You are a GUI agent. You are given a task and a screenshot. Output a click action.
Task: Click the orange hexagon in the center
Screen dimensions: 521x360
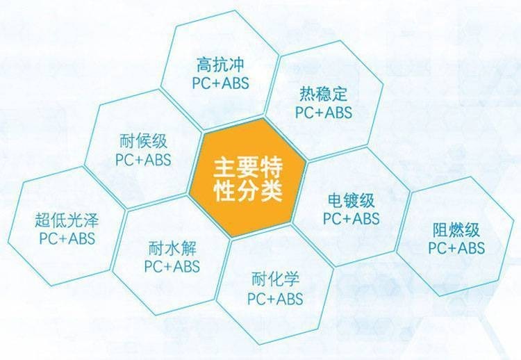[x=248, y=179]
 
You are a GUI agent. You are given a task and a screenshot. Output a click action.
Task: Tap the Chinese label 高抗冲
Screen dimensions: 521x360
[x=220, y=64]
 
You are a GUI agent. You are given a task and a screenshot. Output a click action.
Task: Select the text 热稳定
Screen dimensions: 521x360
[x=323, y=94]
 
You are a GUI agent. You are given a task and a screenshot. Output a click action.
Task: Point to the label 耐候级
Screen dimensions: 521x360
[x=143, y=141]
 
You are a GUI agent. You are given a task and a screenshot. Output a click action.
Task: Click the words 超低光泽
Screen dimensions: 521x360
[x=67, y=220]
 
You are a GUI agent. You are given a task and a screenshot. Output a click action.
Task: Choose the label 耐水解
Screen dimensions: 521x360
[x=172, y=248]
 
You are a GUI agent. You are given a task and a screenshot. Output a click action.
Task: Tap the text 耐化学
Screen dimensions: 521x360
[x=276, y=279]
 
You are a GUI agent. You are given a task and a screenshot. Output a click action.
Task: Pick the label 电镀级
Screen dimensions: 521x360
[x=351, y=200]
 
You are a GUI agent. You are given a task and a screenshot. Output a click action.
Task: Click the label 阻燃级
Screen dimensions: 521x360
[x=456, y=230]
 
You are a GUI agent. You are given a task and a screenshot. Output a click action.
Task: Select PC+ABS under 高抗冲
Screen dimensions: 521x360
[x=220, y=83]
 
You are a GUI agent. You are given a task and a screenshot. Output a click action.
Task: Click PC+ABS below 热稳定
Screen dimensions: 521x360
[x=324, y=113]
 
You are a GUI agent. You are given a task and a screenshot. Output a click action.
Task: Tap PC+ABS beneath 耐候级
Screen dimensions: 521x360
[x=143, y=160]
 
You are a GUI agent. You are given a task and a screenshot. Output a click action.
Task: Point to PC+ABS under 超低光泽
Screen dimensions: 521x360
[x=67, y=238]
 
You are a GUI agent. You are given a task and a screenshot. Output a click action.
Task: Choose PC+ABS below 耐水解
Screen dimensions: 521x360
[x=172, y=267]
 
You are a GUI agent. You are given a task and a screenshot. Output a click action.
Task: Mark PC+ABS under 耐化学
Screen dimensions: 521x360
[x=276, y=298]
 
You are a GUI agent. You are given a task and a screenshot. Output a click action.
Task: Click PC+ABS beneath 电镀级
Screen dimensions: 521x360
[x=352, y=219]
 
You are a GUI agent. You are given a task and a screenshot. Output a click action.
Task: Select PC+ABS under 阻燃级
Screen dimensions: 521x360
[x=456, y=248]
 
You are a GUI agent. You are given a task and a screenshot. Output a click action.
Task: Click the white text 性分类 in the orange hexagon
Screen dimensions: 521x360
[x=248, y=190]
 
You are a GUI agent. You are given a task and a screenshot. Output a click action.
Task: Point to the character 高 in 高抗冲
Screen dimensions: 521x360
[x=204, y=64]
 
